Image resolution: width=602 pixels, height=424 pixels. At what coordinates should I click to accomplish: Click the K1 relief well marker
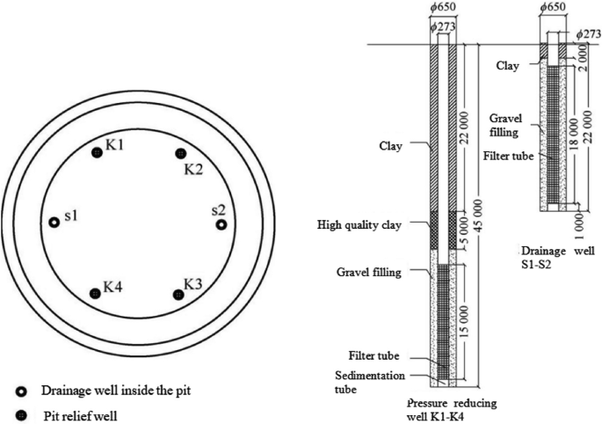98,153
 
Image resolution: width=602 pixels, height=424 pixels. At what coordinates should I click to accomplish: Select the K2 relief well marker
180,153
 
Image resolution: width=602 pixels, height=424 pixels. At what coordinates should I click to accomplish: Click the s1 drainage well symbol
54,223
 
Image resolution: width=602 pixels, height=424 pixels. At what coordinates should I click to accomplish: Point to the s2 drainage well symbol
221,223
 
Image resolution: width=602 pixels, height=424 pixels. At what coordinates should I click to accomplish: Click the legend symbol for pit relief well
20,411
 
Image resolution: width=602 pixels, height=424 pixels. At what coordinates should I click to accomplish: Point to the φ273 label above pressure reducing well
444,28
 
